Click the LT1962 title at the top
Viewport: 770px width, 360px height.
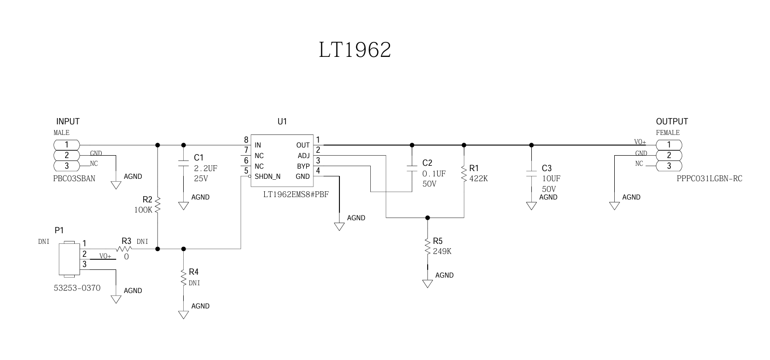tap(354, 50)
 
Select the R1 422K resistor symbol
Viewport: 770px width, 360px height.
tap(464, 174)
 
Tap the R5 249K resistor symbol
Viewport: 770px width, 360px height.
tap(427, 246)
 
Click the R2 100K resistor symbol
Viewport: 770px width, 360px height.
tap(158, 204)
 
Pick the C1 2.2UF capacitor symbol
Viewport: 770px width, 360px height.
tap(183, 162)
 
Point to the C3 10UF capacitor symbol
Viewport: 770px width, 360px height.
tap(531, 173)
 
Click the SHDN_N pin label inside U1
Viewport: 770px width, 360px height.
tap(268, 176)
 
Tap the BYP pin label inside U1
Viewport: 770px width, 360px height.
tap(303, 166)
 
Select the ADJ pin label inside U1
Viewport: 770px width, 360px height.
tap(304, 156)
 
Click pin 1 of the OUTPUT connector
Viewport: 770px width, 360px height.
tap(669, 145)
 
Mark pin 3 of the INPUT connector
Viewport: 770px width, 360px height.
tap(67, 166)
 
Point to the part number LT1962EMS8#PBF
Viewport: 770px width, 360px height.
tap(296, 195)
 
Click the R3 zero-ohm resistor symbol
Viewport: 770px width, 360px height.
tap(124, 249)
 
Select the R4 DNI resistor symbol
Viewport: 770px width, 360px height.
tap(183, 278)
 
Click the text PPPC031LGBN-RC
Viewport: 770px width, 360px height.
tap(709, 179)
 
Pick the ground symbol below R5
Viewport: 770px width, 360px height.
tap(427, 283)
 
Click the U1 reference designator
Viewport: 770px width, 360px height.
tap(282, 121)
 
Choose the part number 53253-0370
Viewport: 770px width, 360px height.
tap(77, 288)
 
